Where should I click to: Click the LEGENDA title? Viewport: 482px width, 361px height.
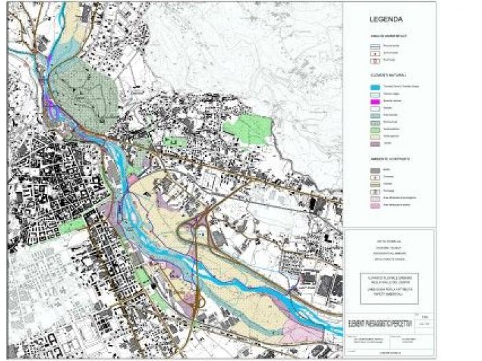click(x=386, y=19)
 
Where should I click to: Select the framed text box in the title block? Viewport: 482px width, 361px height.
click(x=389, y=282)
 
